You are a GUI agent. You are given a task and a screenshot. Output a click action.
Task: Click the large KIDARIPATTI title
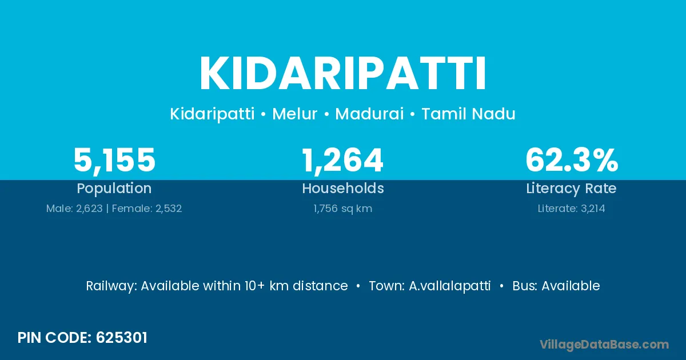point(342,74)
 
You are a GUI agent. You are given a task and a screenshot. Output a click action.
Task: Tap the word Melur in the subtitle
point(294,114)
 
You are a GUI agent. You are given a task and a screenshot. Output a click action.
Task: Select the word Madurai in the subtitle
point(369,114)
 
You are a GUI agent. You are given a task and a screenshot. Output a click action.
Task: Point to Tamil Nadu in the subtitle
point(469,114)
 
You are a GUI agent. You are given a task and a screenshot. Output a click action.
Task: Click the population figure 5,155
point(114,161)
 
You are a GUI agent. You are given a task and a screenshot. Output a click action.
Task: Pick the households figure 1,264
point(342,161)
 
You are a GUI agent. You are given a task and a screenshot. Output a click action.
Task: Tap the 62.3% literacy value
point(572,160)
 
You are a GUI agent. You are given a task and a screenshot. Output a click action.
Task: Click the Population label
point(114,189)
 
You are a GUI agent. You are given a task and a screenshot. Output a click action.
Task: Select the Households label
point(343,188)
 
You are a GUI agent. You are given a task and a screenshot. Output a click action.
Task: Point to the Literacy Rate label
point(572,189)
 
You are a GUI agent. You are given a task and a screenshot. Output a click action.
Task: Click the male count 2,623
point(89,209)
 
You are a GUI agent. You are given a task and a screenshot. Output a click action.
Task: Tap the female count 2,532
point(169,209)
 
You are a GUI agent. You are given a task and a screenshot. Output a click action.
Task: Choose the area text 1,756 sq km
point(342,209)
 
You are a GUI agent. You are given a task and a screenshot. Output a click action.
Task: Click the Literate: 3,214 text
point(572,209)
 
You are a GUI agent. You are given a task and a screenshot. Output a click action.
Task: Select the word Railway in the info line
point(111,286)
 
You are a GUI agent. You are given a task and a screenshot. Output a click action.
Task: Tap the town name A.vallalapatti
point(449,286)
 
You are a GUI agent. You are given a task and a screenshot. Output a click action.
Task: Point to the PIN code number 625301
point(122,338)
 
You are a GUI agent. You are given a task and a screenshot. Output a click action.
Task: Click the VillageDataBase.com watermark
point(604,345)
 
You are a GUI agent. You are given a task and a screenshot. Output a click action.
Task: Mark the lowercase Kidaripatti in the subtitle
point(212,114)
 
